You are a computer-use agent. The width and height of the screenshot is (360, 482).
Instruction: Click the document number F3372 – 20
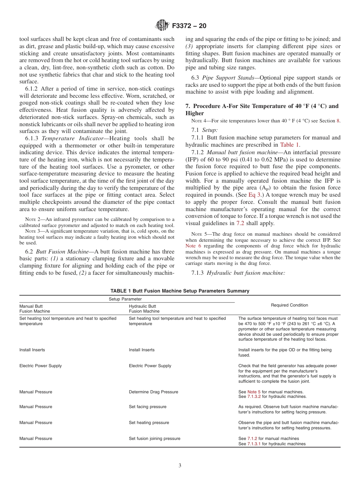[x=189, y=26]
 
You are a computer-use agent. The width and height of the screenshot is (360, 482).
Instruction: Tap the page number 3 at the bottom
[x=180, y=466]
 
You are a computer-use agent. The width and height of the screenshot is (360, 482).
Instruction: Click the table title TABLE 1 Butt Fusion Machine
[x=180, y=291]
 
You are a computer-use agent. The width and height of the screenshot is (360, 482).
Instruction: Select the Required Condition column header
[x=290, y=305]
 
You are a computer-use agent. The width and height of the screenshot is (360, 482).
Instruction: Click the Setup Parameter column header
[x=127, y=299]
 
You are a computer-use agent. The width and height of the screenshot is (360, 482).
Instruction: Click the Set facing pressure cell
[x=147, y=407]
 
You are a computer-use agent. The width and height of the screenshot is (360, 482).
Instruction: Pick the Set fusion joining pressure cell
[x=154, y=438]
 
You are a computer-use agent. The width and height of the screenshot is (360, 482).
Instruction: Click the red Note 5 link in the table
[x=254, y=392]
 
